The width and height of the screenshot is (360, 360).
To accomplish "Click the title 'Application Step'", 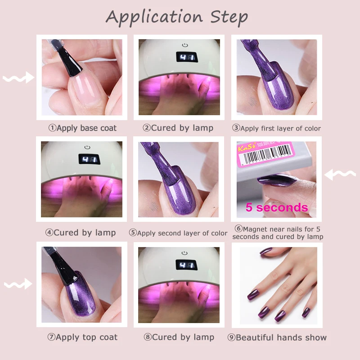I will (177, 17).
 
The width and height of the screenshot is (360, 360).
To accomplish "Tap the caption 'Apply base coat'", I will (82, 128).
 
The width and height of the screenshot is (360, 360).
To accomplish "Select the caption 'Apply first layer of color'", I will (276, 128).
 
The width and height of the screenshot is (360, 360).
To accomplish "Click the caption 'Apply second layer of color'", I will (178, 233).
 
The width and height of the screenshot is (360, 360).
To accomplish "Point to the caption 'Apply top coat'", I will (82, 337).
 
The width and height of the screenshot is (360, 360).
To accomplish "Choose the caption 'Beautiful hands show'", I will (277, 337).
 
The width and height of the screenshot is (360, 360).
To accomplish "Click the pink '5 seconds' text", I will (276, 207).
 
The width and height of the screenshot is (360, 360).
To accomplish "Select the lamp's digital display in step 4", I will (88, 160).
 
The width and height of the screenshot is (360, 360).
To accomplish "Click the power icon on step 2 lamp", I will (184, 45).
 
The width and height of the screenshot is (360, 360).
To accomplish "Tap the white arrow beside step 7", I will (18, 284).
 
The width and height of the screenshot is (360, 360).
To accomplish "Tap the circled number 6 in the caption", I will (238, 229).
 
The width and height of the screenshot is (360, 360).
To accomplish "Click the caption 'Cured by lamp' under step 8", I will (178, 337).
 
